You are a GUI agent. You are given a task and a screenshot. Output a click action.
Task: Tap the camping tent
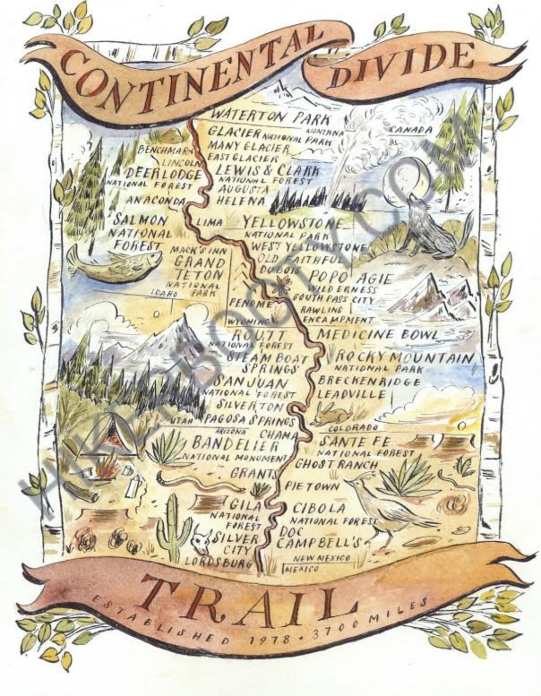[97, 436]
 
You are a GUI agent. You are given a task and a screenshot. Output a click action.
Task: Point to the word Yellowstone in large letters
[293, 223]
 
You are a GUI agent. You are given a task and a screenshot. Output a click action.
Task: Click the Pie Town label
[312, 486]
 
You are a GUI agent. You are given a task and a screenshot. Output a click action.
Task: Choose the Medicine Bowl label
[378, 334]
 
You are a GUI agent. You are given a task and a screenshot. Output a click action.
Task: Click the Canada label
[410, 130]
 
